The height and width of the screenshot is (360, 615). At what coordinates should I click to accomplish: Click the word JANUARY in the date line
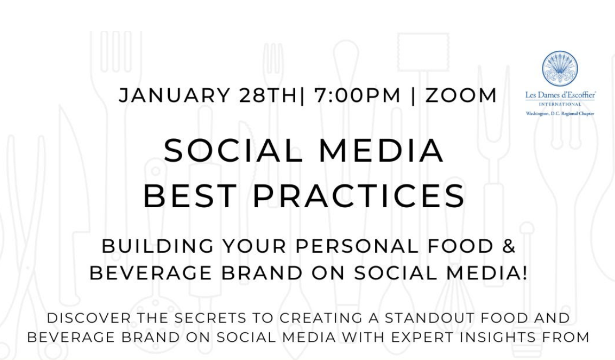click(175, 96)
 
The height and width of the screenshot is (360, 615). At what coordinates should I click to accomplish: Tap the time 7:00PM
click(357, 96)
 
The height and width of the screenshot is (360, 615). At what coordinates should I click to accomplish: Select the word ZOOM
click(461, 96)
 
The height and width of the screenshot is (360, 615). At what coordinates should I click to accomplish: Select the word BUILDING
click(157, 246)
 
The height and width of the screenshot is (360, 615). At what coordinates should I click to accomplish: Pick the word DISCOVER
click(89, 318)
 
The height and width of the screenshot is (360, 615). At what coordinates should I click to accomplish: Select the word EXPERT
click(422, 337)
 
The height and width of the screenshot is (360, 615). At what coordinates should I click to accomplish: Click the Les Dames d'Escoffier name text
click(561, 96)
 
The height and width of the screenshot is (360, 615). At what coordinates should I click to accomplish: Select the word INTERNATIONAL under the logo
click(560, 105)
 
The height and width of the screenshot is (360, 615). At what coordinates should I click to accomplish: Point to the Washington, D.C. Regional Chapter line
click(560, 114)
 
